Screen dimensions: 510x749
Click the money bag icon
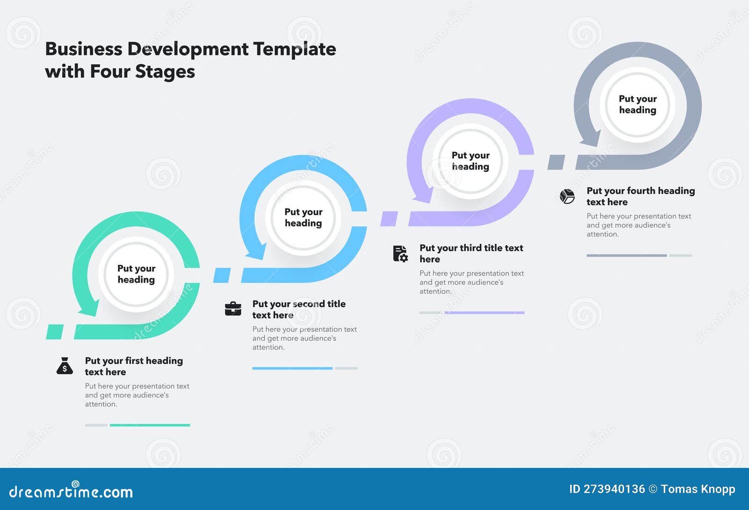[x=65, y=366]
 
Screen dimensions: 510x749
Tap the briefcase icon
[x=233, y=309]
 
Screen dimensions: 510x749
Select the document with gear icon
[x=400, y=254]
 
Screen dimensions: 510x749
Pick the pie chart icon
[x=567, y=196]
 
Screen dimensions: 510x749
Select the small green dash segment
[x=55, y=331]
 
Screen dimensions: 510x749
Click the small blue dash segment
[x=222, y=275]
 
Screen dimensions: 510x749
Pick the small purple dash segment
[x=389, y=219]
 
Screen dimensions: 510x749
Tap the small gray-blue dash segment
[x=556, y=162]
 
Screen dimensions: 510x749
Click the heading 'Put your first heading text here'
[x=133, y=366]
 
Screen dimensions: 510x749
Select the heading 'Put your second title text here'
[x=299, y=309]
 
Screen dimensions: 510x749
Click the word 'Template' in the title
[x=294, y=49]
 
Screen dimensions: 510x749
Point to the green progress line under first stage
[x=150, y=425]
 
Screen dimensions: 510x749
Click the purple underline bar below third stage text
[x=485, y=313]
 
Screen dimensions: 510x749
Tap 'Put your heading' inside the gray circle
[x=638, y=104]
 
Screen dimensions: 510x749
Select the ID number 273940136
[x=614, y=489]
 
